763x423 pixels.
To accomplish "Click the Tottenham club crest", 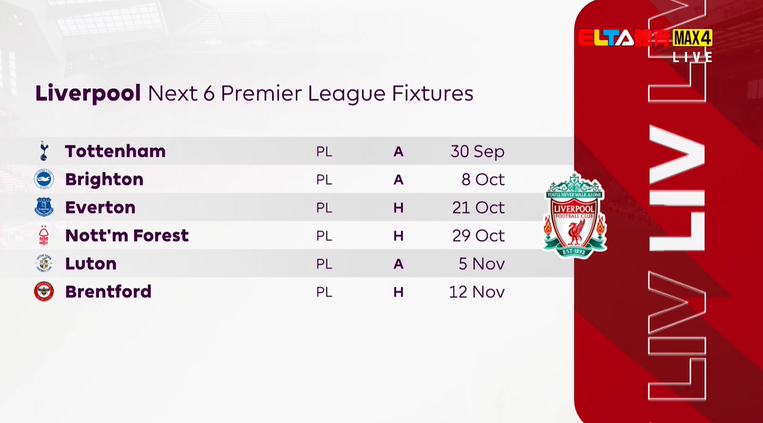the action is pyautogui.click(x=44, y=151).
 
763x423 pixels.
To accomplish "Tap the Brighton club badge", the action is pyautogui.click(x=44, y=179).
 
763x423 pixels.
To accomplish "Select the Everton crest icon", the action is pyautogui.click(x=44, y=207).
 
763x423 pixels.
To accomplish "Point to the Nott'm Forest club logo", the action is pyautogui.click(x=44, y=235).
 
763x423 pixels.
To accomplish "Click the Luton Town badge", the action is pyautogui.click(x=44, y=264).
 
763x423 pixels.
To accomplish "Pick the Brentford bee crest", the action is pyautogui.click(x=44, y=291).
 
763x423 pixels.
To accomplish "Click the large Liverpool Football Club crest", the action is pyautogui.click(x=575, y=216).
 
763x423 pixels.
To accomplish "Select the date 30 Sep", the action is pyautogui.click(x=478, y=152).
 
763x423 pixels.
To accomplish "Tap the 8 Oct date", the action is pyautogui.click(x=483, y=179).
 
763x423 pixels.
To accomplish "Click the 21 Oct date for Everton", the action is pyautogui.click(x=478, y=207).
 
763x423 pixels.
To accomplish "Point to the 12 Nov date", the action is pyautogui.click(x=477, y=292).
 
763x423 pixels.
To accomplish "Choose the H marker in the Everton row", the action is pyautogui.click(x=399, y=207).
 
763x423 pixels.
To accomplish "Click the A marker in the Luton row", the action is pyautogui.click(x=399, y=264).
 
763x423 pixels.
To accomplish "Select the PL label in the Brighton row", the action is pyautogui.click(x=325, y=180).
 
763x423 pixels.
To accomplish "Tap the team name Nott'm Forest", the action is pyautogui.click(x=127, y=235).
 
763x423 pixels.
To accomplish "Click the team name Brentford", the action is pyautogui.click(x=108, y=292).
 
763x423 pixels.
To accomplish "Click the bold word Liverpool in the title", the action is pyautogui.click(x=88, y=93).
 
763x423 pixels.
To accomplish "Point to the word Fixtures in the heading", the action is pyautogui.click(x=433, y=93).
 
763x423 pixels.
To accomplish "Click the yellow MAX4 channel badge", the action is pyautogui.click(x=692, y=38).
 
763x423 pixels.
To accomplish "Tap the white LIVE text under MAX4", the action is pyautogui.click(x=693, y=57).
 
